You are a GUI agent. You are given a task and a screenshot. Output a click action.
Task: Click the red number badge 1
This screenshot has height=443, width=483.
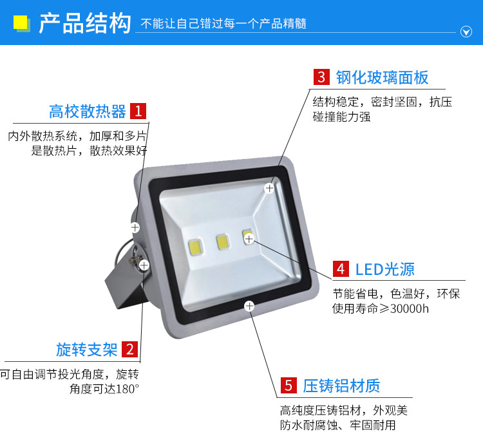coord(138,111)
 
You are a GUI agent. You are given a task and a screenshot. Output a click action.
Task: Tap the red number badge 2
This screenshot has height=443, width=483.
coord(129,349)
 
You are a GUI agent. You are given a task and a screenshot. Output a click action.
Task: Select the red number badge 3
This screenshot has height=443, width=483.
coord(321,77)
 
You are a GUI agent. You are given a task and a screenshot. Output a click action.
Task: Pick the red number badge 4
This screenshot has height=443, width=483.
coord(341,269)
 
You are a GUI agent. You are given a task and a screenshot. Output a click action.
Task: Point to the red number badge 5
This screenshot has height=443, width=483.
coord(289,385)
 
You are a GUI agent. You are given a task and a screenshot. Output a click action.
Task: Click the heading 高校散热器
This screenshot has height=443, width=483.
coord(88,111)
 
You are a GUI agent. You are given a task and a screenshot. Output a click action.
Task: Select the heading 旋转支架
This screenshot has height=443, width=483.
coord(87,350)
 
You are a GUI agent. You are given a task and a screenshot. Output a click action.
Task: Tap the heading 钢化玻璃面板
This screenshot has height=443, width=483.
coord(382,77)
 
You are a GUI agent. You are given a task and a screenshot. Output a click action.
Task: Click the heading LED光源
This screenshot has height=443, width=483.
coord(385,269)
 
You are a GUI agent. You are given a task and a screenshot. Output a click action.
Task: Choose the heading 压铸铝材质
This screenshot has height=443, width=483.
coord(341,386)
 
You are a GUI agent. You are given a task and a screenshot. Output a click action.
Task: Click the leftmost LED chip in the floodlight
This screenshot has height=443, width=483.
coord(195,247)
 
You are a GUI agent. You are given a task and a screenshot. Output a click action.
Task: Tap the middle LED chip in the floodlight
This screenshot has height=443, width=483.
coord(223,242)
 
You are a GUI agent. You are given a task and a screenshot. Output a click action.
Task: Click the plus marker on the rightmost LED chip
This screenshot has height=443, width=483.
coord(249,239)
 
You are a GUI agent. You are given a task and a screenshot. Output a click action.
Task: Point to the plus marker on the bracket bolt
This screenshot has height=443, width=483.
coord(144,265)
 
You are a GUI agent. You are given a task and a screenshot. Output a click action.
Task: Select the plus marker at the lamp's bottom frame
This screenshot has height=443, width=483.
coord(249,306)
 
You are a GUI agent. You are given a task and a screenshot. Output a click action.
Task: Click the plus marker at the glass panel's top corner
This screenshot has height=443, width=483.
coord(270,188)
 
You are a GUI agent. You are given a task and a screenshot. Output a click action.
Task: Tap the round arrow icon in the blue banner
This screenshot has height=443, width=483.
coord(466,32)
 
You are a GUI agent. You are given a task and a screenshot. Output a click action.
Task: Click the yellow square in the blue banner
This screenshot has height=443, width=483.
coord(21,23)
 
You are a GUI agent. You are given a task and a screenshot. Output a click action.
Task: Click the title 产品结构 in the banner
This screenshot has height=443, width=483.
coord(85,23)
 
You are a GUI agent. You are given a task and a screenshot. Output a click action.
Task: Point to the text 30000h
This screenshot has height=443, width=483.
coord(410,308)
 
